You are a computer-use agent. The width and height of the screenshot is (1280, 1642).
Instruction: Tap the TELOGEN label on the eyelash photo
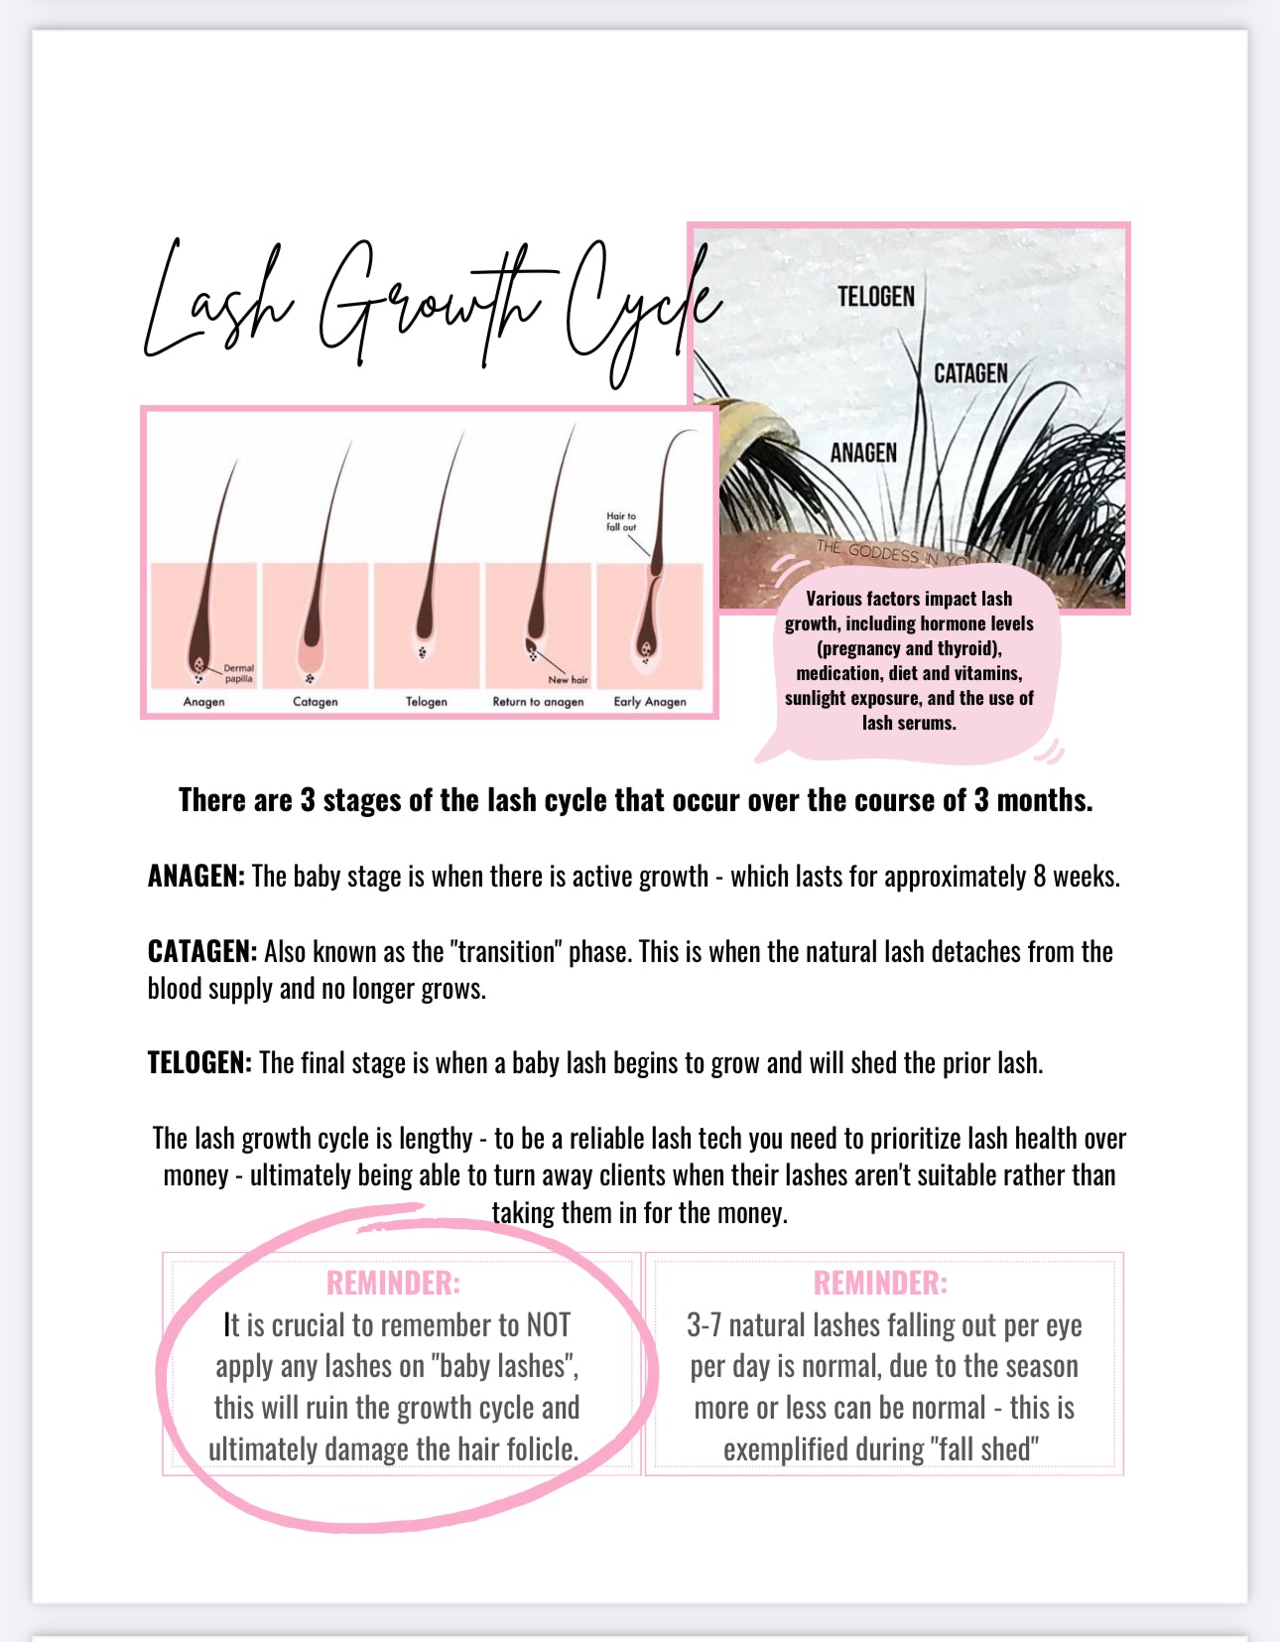pos(875,296)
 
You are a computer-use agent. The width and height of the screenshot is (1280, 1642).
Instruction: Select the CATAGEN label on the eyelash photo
pos(969,373)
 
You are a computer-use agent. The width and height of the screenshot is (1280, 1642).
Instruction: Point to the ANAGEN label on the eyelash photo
pos(862,453)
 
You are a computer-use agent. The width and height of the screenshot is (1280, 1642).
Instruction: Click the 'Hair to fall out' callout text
pos(621,521)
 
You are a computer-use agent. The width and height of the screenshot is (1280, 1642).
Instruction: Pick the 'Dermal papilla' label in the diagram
pos(238,673)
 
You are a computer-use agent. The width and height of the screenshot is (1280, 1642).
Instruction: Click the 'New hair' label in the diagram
pos(568,680)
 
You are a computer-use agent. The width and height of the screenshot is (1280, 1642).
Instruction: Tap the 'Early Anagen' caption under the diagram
pos(649,701)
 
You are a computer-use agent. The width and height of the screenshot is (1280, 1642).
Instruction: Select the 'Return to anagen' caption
pos(538,701)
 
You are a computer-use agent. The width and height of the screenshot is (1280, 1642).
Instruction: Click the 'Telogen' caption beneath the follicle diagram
pos(426,701)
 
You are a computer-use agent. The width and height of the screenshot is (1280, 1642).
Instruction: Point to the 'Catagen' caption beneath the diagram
pos(315,701)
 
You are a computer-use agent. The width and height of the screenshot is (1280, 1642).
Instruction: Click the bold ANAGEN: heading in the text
pos(195,877)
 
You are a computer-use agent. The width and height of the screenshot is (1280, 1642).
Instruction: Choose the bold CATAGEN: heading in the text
pos(201,952)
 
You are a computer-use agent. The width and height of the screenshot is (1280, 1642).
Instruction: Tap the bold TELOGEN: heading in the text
pos(199,1063)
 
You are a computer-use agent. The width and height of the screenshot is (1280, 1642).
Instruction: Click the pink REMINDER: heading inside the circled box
pos(393,1283)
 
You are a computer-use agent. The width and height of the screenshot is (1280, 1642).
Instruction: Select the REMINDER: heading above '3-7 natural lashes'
pos(880,1283)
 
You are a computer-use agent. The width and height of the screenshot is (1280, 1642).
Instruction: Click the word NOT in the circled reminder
pos(548,1325)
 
